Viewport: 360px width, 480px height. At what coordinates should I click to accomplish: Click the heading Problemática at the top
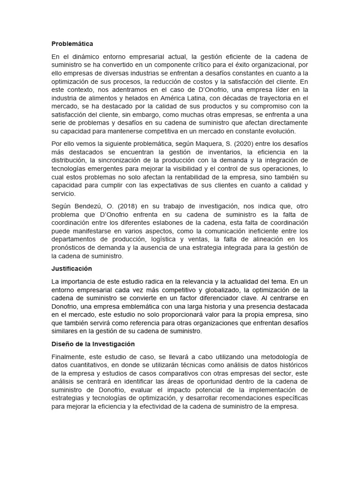tap(72, 44)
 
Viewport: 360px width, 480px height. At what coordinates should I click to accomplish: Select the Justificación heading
tap(72, 269)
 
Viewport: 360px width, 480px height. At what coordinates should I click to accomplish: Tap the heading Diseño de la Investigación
tap(93, 344)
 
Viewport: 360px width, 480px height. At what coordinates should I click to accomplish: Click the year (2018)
tap(120, 206)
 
